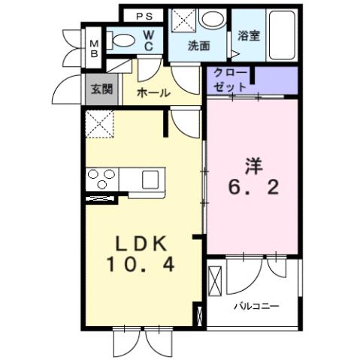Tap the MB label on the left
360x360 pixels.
(95, 48)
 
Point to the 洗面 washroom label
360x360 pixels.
(198, 45)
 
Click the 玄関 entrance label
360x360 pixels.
(102, 89)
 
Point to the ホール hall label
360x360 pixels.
(153, 93)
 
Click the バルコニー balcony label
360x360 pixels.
(256, 307)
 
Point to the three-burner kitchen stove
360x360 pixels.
(101, 180)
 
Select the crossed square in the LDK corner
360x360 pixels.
(100, 123)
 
